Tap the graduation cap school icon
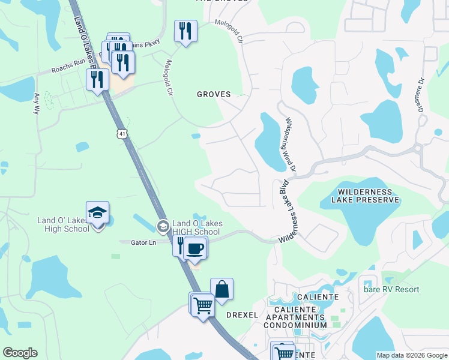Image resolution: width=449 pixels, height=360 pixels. coord(97,213)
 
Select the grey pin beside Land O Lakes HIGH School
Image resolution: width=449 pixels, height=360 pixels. coord(163,226)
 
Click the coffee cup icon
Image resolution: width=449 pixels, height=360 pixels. coord(194,248)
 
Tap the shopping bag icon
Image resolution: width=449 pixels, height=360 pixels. coord(221,289)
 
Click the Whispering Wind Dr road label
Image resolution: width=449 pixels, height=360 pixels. coord(289,144)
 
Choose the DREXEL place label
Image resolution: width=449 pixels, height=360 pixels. coord(242,315)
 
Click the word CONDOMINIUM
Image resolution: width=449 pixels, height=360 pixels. coord(298,325)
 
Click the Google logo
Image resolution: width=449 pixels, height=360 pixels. coord(20,353)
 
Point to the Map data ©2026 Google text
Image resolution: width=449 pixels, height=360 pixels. coord(411,355)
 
